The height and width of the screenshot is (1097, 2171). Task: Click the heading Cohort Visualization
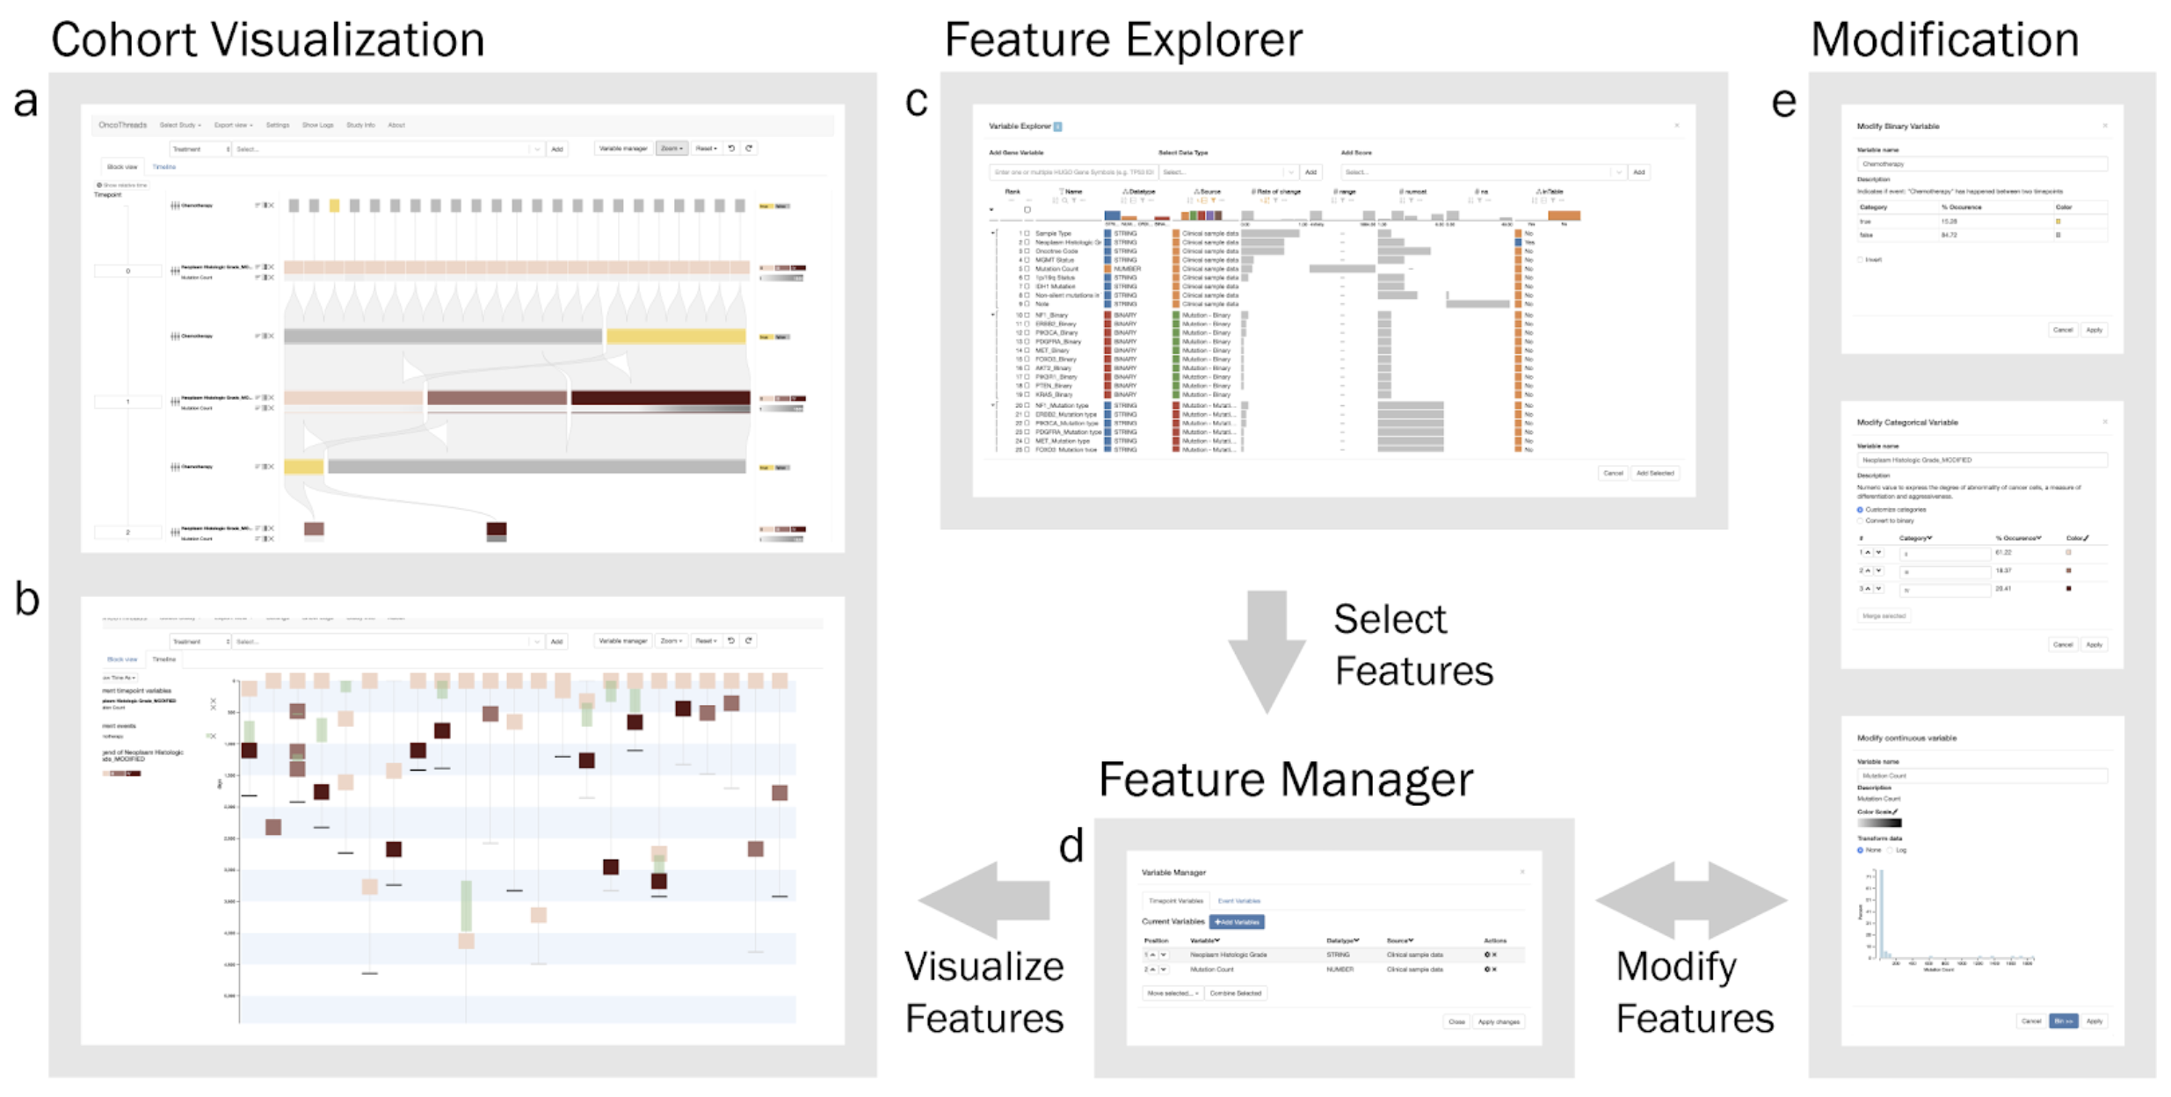pyautogui.click(x=267, y=40)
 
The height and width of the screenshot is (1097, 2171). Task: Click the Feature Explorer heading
pyautogui.click(x=1123, y=40)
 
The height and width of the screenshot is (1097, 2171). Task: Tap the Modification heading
pyautogui.click(x=1944, y=40)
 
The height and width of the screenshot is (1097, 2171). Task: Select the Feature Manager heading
pyautogui.click(x=1285, y=780)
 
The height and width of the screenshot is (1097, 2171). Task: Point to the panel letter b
pyautogui.click(x=26, y=599)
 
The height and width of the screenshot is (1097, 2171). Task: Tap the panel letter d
pyautogui.click(x=1071, y=846)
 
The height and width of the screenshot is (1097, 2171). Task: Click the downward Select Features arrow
pyautogui.click(x=1267, y=650)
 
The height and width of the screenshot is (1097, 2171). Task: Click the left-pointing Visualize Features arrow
pyautogui.click(x=984, y=900)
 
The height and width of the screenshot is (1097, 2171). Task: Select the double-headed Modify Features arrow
pyautogui.click(x=1691, y=900)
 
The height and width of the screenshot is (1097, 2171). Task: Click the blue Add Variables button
pyautogui.click(x=1237, y=922)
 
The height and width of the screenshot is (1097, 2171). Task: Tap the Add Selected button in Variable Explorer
pyautogui.click(x=1654, y=473)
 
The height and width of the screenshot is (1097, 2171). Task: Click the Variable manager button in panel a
pyautogui.click(x=622, y=149)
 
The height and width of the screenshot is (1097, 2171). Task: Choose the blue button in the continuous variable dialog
pyautogui.click(x=2063, y=1021)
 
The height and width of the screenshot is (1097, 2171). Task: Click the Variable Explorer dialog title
pyautogui.click(x=1020, y=127)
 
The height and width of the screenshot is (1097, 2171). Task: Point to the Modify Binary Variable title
pyautogui.click(x=1898, y=127)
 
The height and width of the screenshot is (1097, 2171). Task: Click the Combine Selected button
pyautogui.click(x=1235, y=993)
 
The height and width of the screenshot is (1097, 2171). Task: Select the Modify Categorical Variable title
pyautogui.click(x=1906, y=423)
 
